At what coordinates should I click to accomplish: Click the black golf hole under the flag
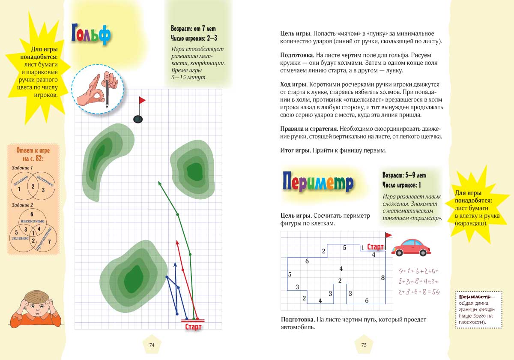click(x=138, y=119)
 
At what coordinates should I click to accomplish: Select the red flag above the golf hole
click(x=142, y=100)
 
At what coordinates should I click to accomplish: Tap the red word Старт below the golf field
click(x=193, y=327)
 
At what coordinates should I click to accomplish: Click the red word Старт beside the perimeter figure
click(x=375, y=247)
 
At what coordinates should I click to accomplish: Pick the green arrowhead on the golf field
click(x=160, y=184)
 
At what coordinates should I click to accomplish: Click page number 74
click(x=152, y=345)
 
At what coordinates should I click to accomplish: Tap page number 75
click(x=364, y=345)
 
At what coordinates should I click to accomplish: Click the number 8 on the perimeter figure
click(x=383, y=278)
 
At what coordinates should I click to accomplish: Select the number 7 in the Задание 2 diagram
click(x=49, y=242)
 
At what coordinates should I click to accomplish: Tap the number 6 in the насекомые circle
click(x=32, y=214)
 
